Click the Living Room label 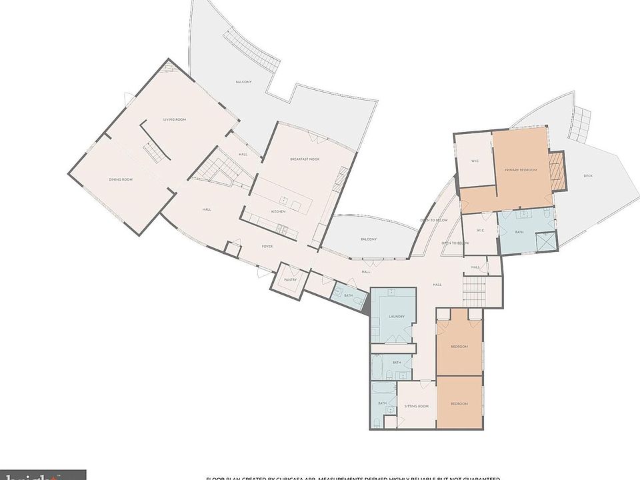[x=175, y=119]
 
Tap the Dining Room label [x=121, y=179]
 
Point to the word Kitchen [x=278, y=211]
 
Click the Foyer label [x=267, y=247]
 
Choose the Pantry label [x=290, y=280]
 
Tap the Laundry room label [x=397, y=317]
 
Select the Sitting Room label [x=417, y=406]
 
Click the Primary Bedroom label [x=520, y=170]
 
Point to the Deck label [x=587, y=176]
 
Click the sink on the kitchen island [x=283, y=200]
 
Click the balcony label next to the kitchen [x=369, y=239]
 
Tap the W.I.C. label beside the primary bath [x=480, y=231]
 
